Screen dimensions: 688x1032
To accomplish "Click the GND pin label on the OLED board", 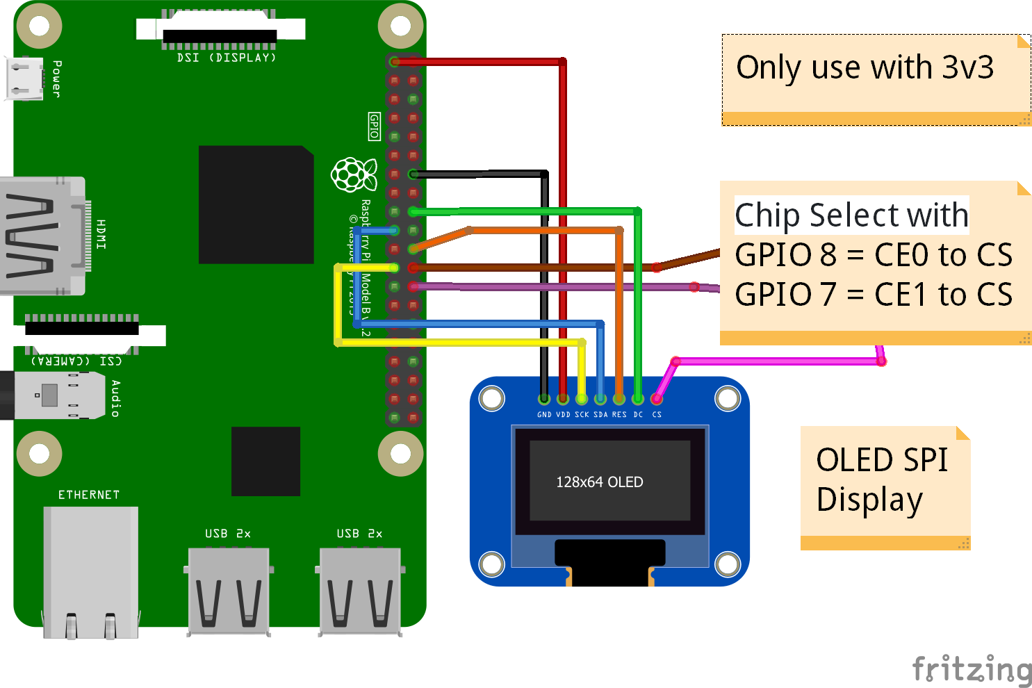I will [544, 415].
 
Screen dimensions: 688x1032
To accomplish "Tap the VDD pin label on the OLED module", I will [563, 415].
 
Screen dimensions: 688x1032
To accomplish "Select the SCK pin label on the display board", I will [582, 415].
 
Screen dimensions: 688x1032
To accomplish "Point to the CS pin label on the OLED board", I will [657, 415].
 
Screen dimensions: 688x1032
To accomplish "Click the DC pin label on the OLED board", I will [638, 415].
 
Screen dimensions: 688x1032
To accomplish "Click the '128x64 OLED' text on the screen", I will [599, 482].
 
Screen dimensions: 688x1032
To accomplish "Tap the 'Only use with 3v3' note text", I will [865, 68].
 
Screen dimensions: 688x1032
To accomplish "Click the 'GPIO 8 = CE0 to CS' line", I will [874, 255].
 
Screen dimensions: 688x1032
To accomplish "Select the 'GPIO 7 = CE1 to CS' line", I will [874, 295].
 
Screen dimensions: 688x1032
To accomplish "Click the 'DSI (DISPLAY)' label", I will [227, 58].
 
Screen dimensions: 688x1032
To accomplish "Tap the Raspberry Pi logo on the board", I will [354, 174].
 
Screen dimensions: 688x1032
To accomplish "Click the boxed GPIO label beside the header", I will [374, 126].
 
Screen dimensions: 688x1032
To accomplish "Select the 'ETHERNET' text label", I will [89, 495].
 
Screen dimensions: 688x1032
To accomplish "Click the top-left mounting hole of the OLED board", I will [492, 399].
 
